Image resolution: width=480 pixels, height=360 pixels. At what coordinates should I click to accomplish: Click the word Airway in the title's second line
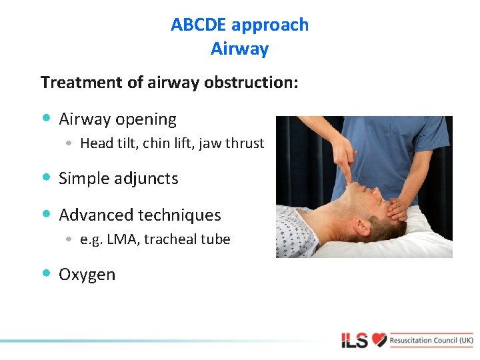[239, 49]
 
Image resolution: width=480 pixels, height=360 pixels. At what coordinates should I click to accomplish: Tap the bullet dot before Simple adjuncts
[45, 177]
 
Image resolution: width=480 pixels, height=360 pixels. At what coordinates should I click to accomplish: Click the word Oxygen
[87, 275]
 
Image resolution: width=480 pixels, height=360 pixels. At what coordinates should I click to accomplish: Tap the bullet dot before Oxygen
[45, 273]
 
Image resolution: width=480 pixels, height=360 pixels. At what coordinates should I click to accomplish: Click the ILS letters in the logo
[355, 341]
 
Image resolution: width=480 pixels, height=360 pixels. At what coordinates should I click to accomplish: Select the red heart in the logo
[379, 340]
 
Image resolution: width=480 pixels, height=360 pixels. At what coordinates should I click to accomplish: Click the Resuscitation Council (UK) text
[432, 340]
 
